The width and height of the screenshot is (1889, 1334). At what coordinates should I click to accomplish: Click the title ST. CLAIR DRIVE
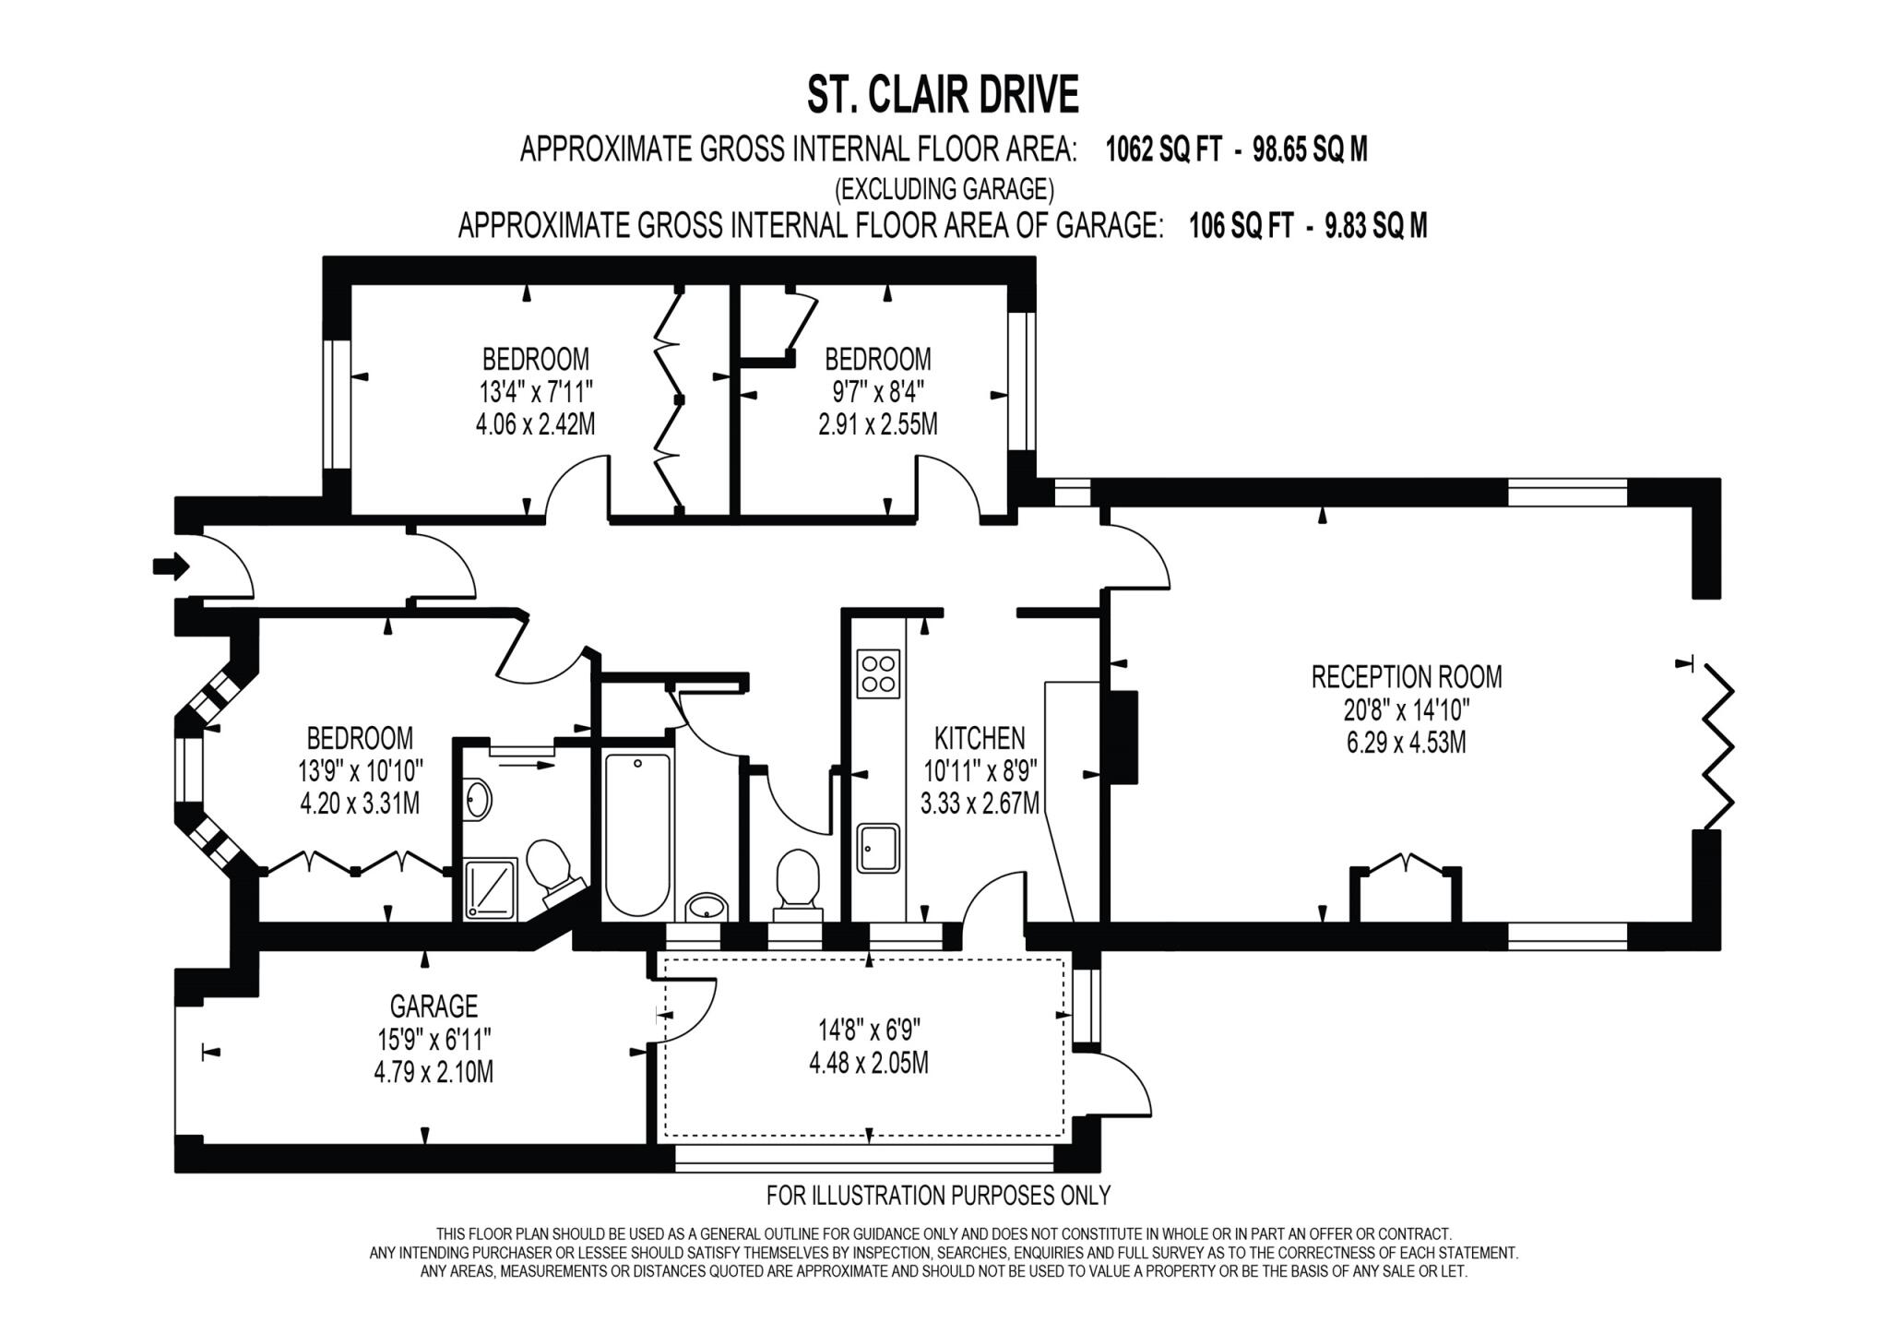click(943, 95)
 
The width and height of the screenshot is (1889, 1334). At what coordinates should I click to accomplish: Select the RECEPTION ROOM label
click(1406, 676)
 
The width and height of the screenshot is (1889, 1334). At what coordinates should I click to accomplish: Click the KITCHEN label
click(980, 738)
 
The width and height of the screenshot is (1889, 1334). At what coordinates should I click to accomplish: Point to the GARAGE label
click(434, 1005)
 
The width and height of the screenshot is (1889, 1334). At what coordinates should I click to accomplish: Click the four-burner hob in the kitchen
click(877, 673)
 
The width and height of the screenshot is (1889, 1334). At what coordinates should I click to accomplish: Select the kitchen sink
click(877, 848)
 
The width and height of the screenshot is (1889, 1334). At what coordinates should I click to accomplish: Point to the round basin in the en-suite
click(478, 799)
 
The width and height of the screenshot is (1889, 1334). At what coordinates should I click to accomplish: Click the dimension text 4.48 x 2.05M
click(868, 1063)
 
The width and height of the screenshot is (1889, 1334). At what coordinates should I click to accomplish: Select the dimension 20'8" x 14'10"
click(1406, 709)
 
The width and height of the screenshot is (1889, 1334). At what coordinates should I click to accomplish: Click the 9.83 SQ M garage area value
click(1375, 225)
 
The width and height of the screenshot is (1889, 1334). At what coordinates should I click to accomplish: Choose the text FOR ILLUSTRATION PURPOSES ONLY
click(938, 1196)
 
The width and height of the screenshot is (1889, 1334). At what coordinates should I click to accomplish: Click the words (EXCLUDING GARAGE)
click(944, 189)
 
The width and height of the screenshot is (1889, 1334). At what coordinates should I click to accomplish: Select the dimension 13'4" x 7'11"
click(535, 392)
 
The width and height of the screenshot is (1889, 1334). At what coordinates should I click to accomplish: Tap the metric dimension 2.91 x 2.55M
click(877, 424)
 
